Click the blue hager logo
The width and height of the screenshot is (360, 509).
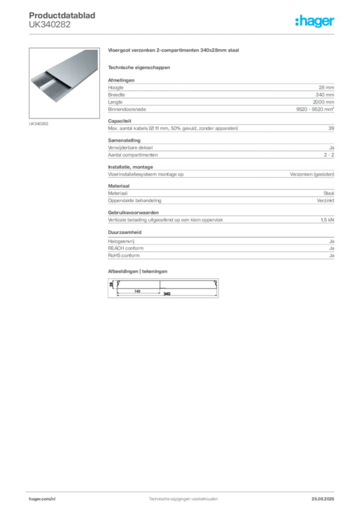tap(315, 21)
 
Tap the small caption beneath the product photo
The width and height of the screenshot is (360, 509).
tap(39, 123)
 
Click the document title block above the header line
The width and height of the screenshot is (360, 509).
tap(63, 20)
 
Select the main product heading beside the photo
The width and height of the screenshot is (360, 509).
tap(175, 52)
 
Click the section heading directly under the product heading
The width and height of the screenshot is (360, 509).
tap(139, 67)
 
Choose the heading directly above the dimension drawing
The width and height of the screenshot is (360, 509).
tap(139, 270)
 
